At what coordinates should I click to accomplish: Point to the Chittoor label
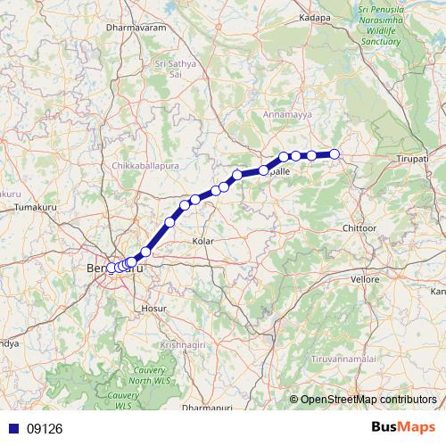359,228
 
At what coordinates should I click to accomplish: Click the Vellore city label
365,279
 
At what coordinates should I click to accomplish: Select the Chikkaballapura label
146,166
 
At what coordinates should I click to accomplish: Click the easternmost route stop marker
335,154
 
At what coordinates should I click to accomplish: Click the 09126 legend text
45,428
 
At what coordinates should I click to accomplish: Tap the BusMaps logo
402,427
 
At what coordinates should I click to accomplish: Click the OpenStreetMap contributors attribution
368,400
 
